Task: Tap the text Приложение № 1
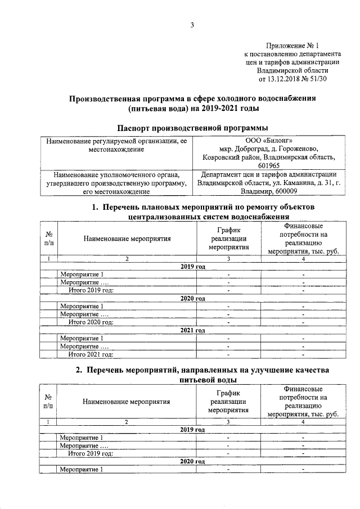coord(292,46)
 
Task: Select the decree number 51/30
coord(318,79)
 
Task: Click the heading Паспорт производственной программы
coord(192,128)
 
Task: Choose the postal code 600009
coord(284,192)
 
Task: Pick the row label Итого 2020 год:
coord(91,323)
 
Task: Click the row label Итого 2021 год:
coord(91,354)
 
